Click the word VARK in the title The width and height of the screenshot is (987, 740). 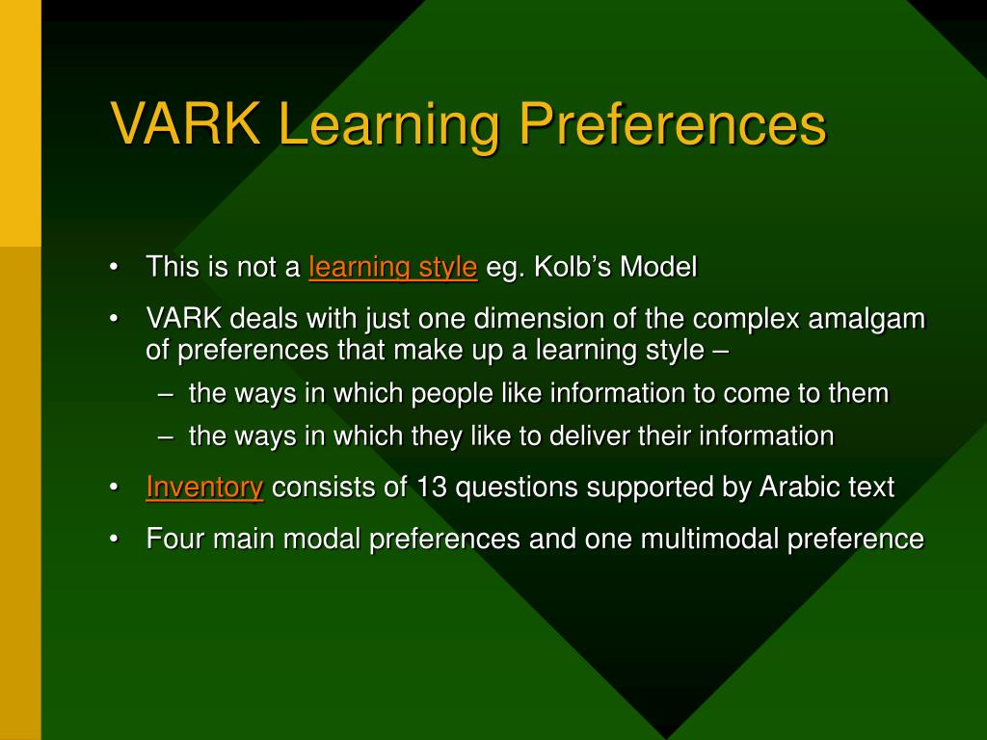(x=186, y=122)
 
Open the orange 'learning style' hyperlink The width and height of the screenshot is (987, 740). (x=393, y=267)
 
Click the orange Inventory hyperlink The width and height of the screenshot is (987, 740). (x=204, y=487)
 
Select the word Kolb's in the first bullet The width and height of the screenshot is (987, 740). (x=573, y=266)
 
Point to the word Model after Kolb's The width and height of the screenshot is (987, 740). (x=658, y=266)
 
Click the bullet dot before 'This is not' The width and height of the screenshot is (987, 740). (x=114, y=267)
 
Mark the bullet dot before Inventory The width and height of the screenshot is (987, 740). (x=114, y=488)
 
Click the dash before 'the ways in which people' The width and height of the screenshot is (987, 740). (x=166, y=394)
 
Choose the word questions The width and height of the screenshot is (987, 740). (x=517, y=488)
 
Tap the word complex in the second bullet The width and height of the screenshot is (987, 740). (x=746, y=320)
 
